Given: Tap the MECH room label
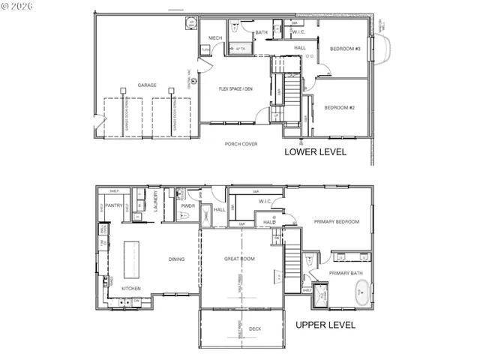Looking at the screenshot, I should [215, 37].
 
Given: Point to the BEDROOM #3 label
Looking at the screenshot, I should [346, 49].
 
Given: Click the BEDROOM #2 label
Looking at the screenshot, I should [338, 107].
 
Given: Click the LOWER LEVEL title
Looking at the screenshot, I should [315, 151].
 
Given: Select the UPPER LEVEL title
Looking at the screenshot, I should [325, 325].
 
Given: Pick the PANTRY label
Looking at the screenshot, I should [114, 205].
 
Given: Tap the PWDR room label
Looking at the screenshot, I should [187, 205].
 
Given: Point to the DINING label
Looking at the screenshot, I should [176, 259].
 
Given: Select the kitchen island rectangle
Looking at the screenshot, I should [131, 259].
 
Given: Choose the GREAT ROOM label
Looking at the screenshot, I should [240, 259].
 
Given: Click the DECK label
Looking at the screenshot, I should [255, 328].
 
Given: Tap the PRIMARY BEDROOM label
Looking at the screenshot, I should [336, 222].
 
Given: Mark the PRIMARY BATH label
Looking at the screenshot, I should [346, 274].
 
